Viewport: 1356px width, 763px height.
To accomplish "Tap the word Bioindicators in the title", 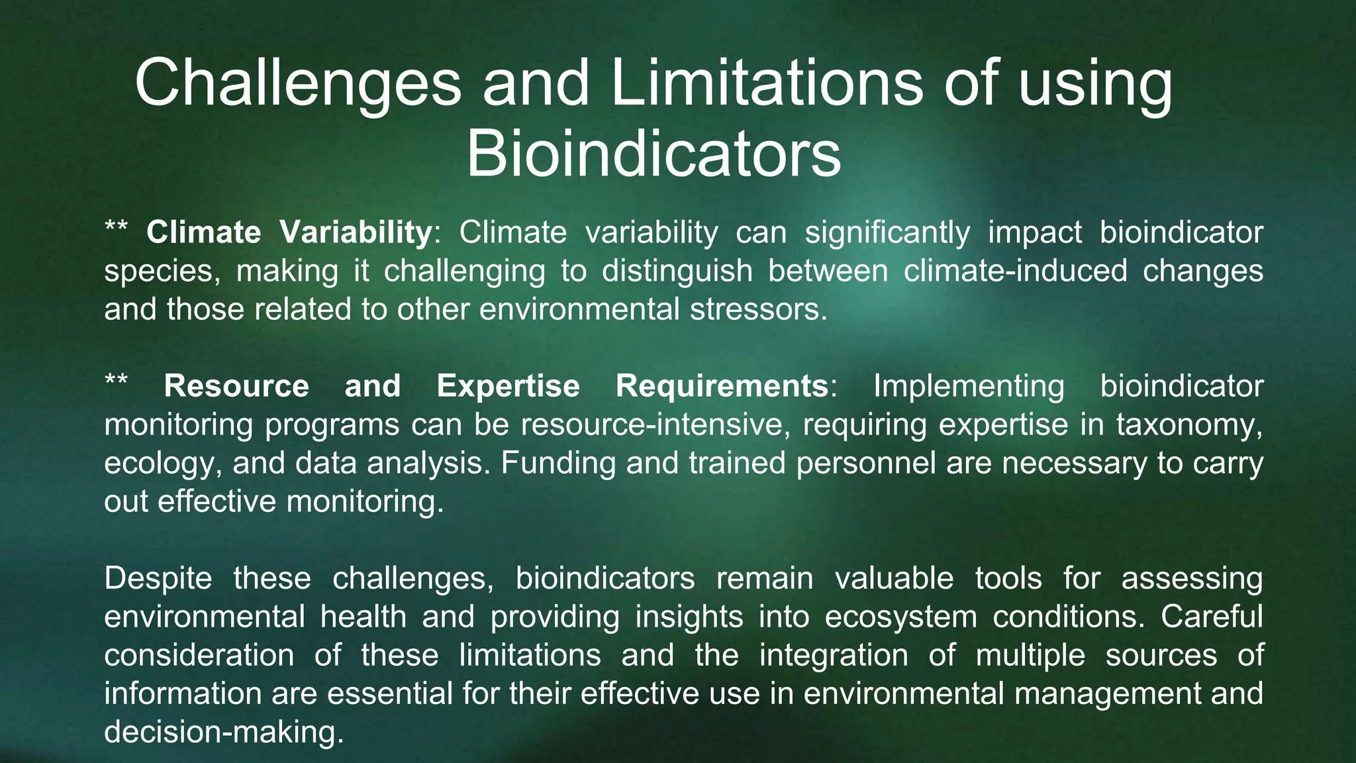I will (x=654, y=155).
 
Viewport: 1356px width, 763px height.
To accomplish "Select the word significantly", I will (x=887, y=232).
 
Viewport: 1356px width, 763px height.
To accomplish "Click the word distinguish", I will (x=677, y=271).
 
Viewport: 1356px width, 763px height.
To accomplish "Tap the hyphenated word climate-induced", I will (x=1015, y=271).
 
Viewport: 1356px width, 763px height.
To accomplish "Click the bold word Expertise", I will (x=508, y=386).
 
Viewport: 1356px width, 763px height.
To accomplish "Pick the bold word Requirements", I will (x=722, y=386).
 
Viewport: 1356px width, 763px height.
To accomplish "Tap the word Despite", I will (x=158, y=578).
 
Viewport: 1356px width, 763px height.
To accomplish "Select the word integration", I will (x=834, y=655).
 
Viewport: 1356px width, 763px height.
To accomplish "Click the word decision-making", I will (x=224, y=732).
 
